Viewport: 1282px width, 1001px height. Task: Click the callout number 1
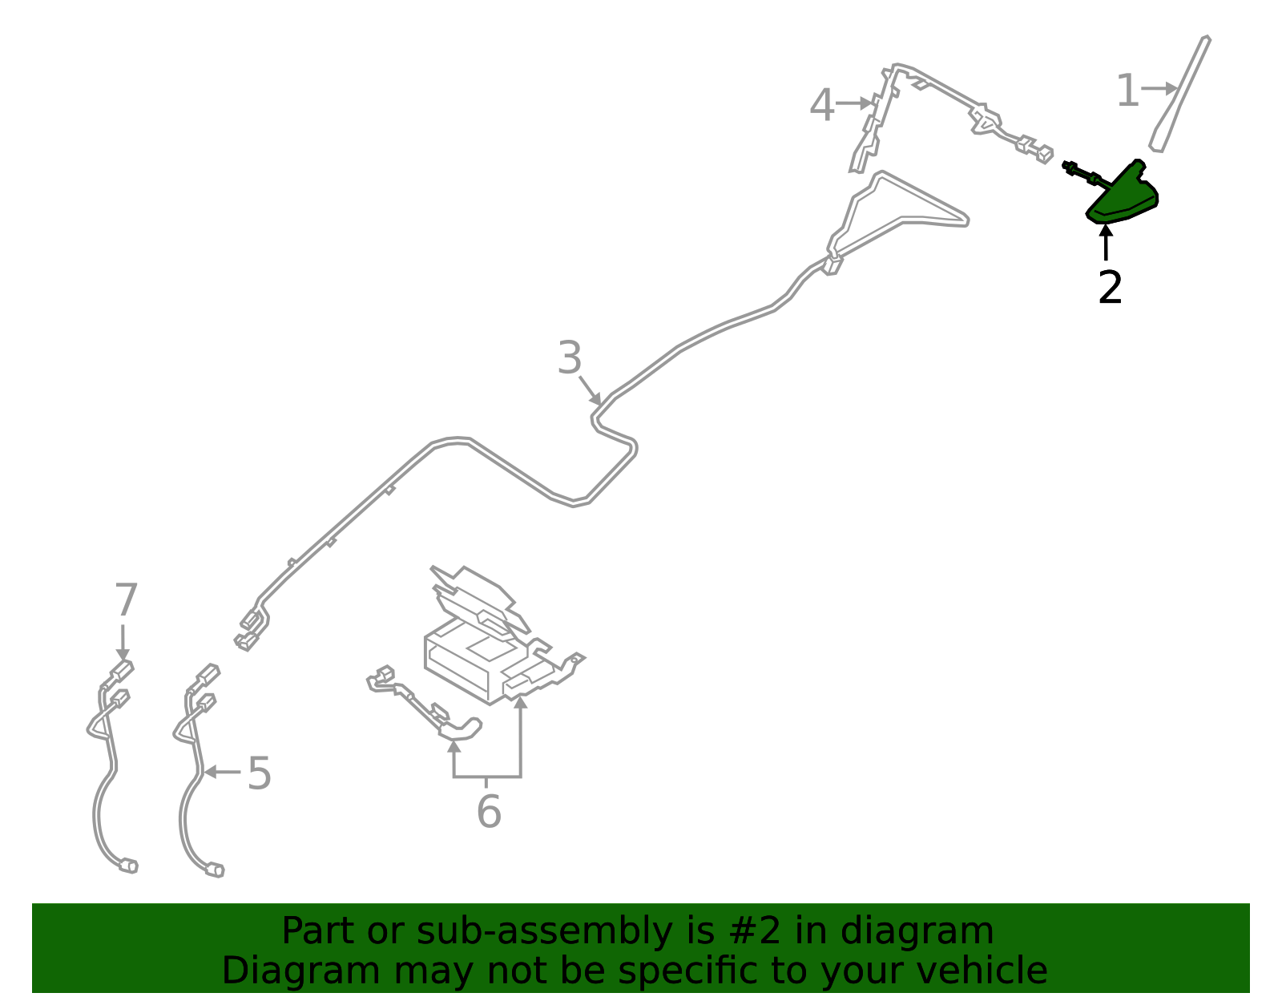[x=1127, y=91]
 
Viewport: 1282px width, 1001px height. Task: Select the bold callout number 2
[x=1110, y=287]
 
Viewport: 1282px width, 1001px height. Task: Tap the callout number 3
[x=570, y=357]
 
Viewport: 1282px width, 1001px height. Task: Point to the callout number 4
[x=822, y=104]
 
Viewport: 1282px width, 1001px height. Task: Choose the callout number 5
[x=260, y=773]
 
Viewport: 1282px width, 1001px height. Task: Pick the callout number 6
[x=489, y=812]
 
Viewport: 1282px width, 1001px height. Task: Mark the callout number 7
[x=127, y=599]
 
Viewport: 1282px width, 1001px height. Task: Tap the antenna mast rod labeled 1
[x=1179, y=95]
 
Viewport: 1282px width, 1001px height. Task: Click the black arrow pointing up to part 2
[x=1107, y=242]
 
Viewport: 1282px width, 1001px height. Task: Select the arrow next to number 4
[x=853, y=103]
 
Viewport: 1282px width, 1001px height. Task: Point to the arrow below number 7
[x=123, y=643]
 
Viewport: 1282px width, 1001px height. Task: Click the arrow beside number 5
[x=222, y=772]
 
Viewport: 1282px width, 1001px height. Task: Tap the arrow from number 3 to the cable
[x=590, y=391]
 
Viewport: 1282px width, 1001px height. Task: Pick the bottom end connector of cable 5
[x=215, y=870]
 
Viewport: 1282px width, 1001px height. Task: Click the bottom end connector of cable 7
[x=129, y=866]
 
